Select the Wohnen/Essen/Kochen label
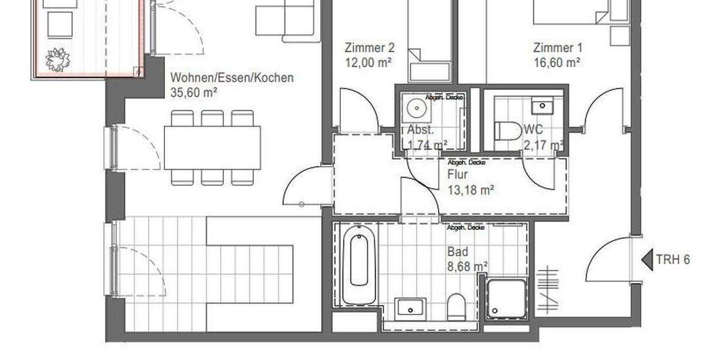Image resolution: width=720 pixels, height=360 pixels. pos(232,78)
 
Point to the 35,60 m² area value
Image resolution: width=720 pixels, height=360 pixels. pos(194,93)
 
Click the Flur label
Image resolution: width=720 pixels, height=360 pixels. pos(458,175)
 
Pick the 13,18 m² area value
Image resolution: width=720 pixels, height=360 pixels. pos(471,190)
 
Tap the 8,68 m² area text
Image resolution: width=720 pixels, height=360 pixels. pos(467,266)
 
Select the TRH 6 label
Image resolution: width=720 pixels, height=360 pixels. pos(673,260)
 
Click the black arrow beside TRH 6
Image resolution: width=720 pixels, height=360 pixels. pos(647,260)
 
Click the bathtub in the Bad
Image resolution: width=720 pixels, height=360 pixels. pos(359,264)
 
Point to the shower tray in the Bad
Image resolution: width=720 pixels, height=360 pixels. pos(506,298)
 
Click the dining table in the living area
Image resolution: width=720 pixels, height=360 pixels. pos(212,148)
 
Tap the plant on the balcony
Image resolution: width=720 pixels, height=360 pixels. pos(58,59)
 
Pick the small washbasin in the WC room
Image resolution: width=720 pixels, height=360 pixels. pos(543,106)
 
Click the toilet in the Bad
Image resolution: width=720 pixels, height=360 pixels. pos(456,306)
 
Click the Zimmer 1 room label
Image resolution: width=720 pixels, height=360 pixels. pos(557,48)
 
